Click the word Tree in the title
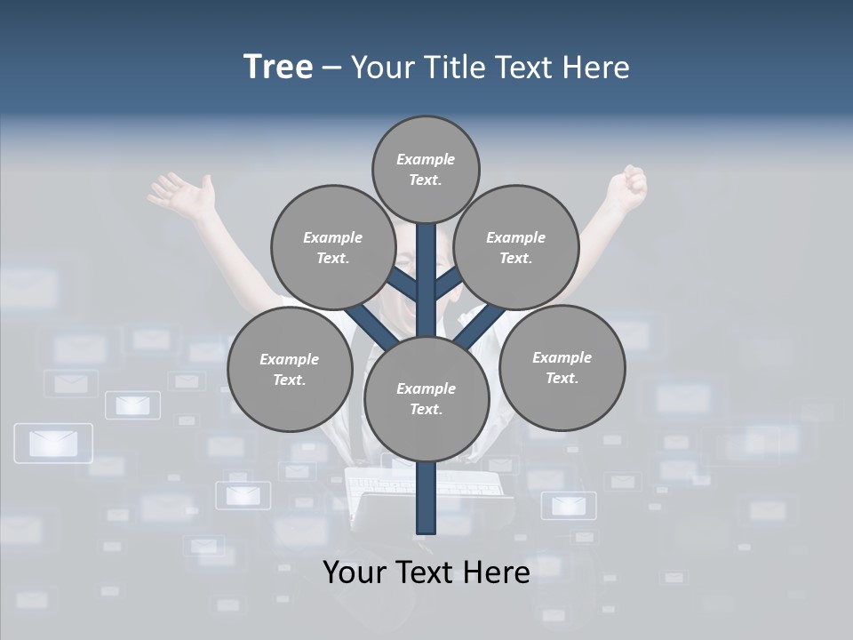[278, 67]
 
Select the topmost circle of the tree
[426, 169]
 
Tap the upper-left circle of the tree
[332, 247]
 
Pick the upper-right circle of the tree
[515, 247]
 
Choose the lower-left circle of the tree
[289, 369]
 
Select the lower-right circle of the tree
[562, 367]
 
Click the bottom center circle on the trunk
[426, 398]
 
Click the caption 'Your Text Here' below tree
[426, 572]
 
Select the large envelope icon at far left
[53, 443]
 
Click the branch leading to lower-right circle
[482, 325]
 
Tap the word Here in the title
[595, 68]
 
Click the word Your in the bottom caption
[353, 572]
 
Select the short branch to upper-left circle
[403, 284]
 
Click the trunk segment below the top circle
[426, 267]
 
